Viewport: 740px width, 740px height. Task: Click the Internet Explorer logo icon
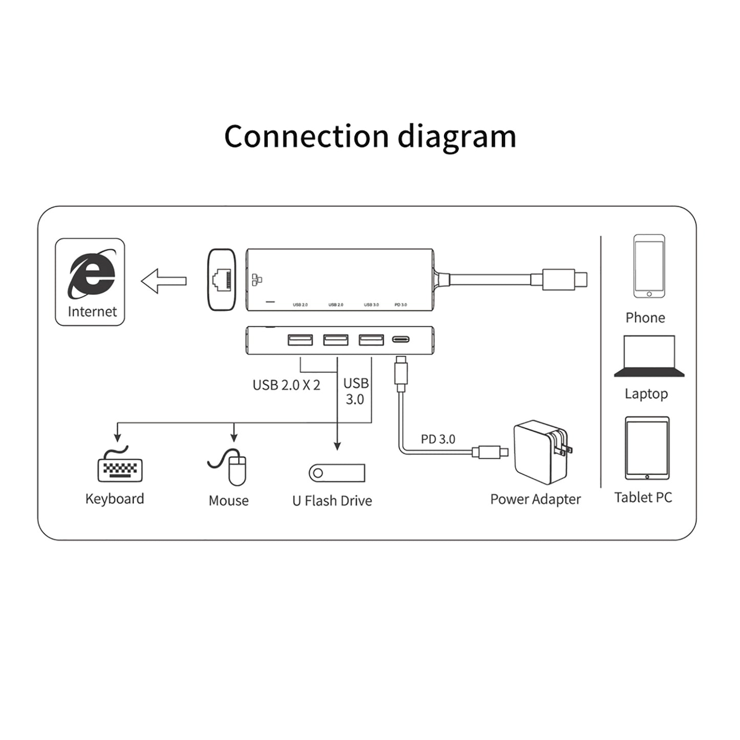pyautogui.click(x=91, y=274)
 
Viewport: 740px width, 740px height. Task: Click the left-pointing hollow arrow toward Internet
pyautogui.click(x=163, y=281)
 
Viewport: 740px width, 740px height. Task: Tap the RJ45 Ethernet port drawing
pyautogui.click(x=222, y=280)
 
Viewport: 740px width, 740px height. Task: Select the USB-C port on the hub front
pyautogui.click(x=400, y=339)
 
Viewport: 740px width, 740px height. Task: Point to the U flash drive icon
pyautogui.click(x=337, y=473)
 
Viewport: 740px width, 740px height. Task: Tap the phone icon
pyautogui.click(x=649, y=266)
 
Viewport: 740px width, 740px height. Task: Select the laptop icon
pyautogui.click(x=649, y=356)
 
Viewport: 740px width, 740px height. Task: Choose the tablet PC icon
pyautogui.click(x=647, y=448)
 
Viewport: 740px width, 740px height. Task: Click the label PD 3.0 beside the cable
pyautogui.click(x=438, y=439)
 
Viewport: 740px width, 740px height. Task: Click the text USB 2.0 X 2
pyautogui.click(x=286, y=385)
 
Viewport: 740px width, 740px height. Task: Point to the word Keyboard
pyautogui.click(x=115, y=499)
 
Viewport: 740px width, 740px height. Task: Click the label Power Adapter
pyautogui.click(x=535, y=499)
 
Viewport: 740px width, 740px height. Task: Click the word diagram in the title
pyautogui.click(x=457, y=137)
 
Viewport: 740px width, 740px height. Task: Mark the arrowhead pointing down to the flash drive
pyautogui.click(x=337, y=446)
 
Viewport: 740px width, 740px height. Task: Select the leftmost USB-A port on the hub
pyautogui.click(x=300, y=340)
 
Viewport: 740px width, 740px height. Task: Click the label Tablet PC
pyautogui.click(x=643, y=497)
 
